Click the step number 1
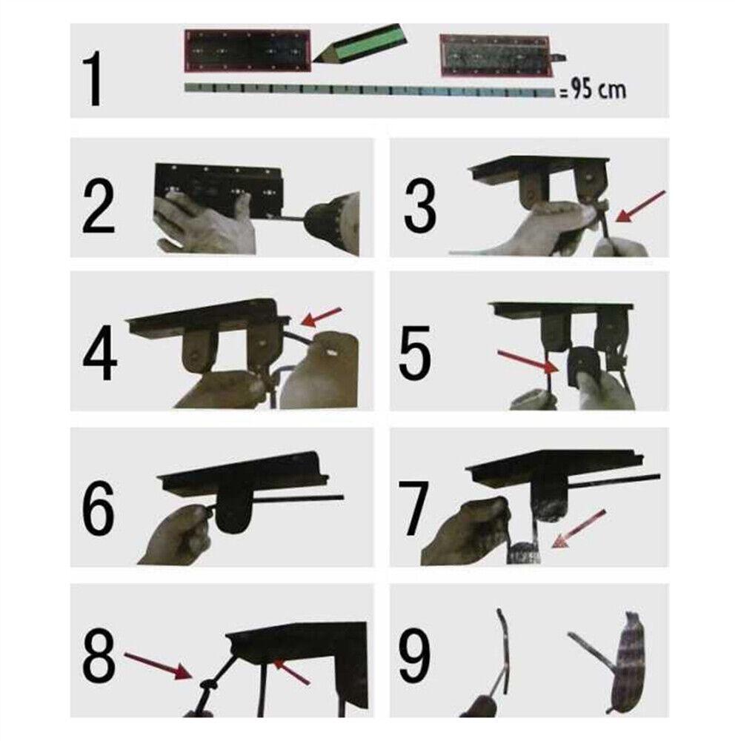94,79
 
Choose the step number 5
415,353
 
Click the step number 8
99,657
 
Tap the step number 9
414,657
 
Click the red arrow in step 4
322,316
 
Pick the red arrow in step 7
579,528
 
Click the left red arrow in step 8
158,665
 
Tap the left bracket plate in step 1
247,50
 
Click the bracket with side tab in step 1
502,55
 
